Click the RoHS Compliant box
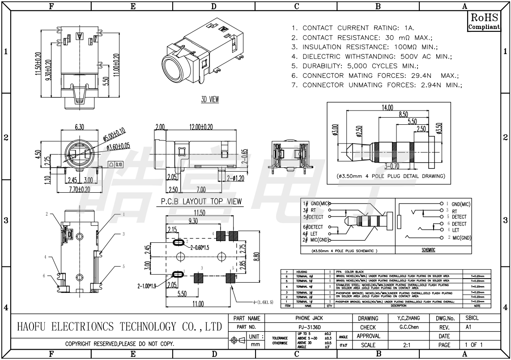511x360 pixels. pyautogui.click(x=484, y=21)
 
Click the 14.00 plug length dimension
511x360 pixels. pyautogui.click(x=387, y=108)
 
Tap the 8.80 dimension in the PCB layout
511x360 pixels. pyautogui.click(x=255, y=257)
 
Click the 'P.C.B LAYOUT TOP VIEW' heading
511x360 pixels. pyautogui.click(x=201, y=202)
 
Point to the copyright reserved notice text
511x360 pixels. pyautogui.click(x=120, y=344)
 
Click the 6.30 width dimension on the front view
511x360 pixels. pyautogui.click(x=79, y=127)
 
